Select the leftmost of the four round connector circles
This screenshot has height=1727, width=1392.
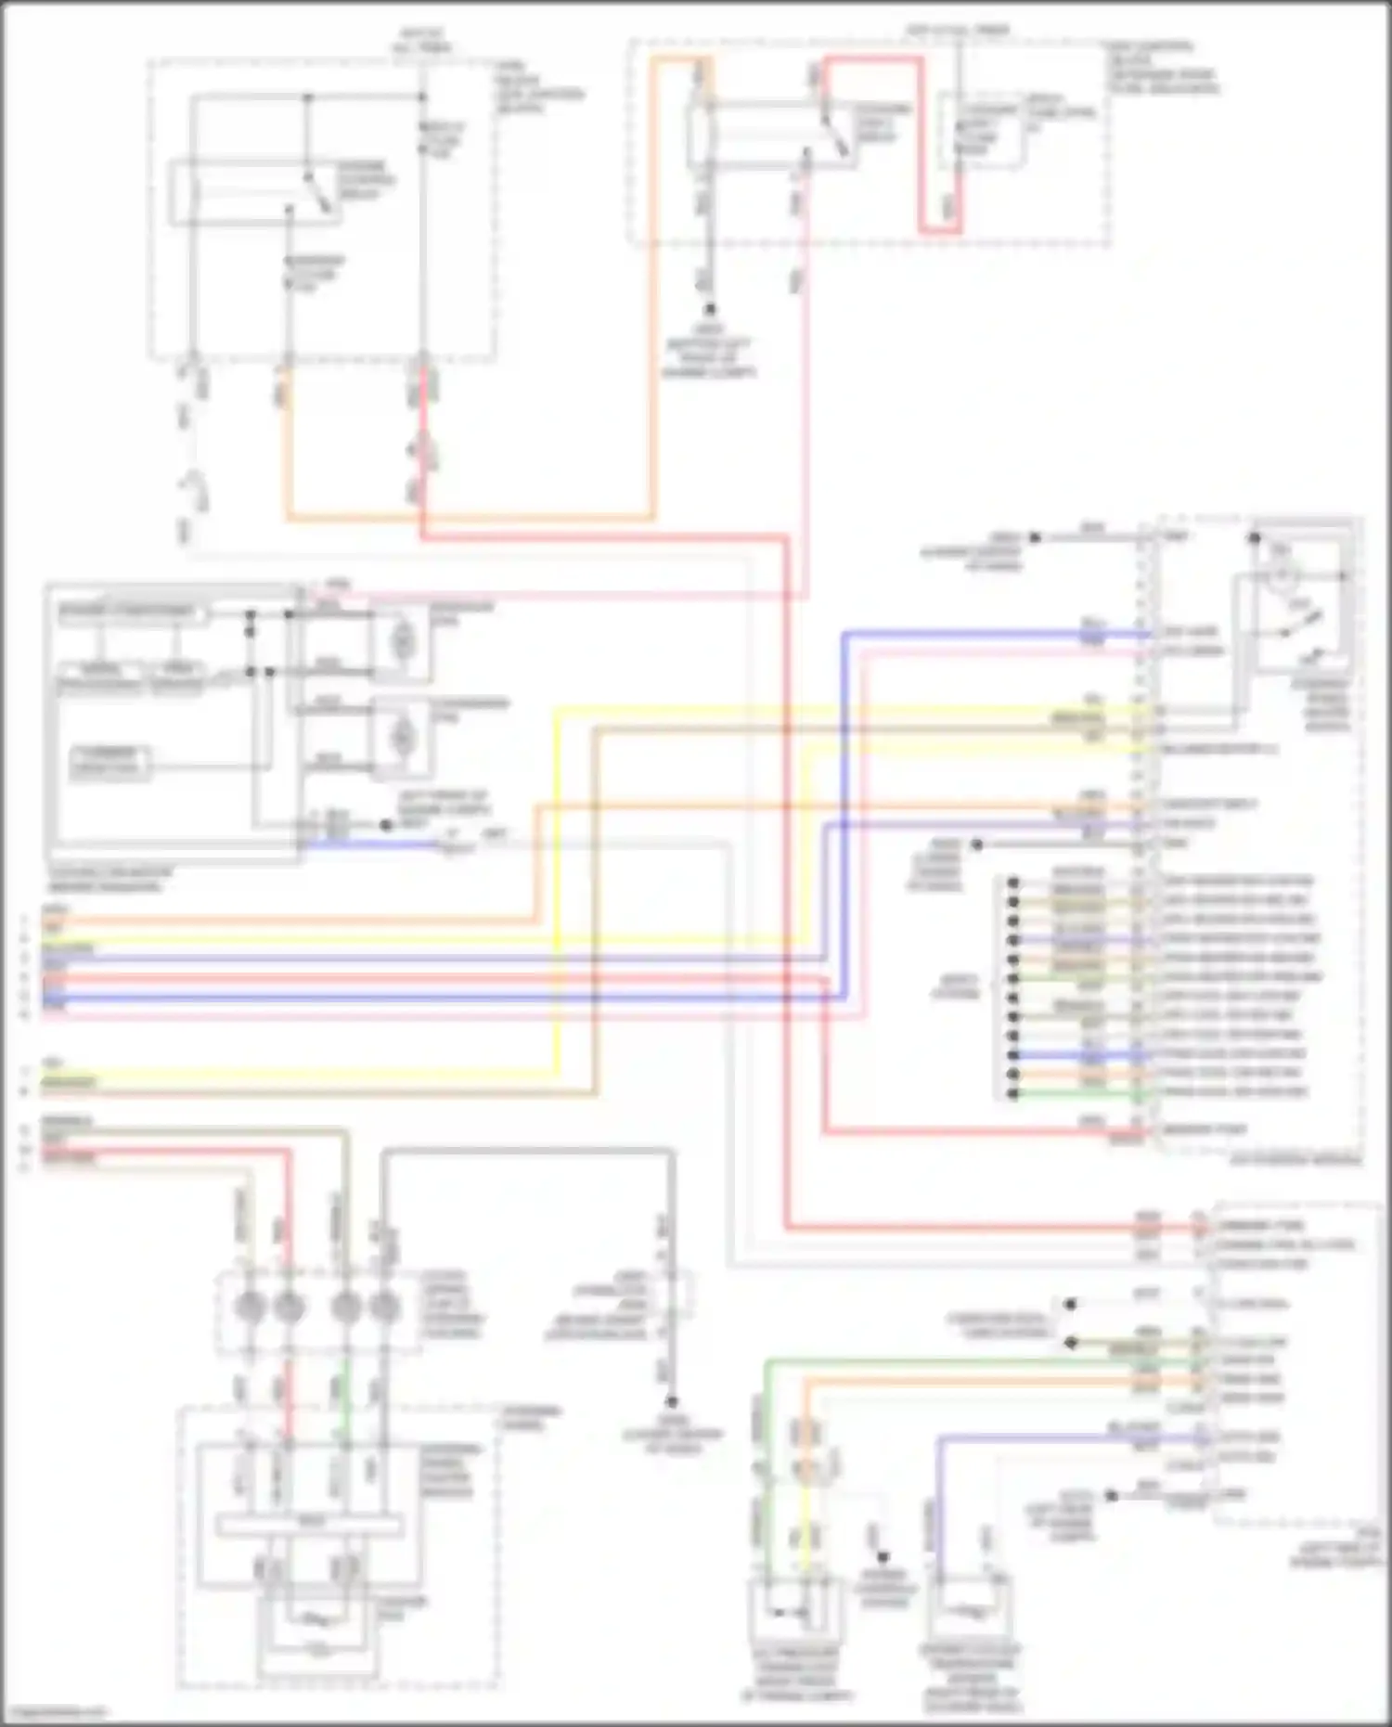tap(250, 1308)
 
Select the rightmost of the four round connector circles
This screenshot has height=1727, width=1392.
tap(383, 1308)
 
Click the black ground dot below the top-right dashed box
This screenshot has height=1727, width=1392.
tap(710, 309)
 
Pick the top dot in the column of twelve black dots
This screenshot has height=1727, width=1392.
tap(1013, 882)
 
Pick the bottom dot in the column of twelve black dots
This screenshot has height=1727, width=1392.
tap(1013, 1093)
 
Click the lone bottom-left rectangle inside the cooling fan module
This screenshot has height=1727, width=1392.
tap(110, 762)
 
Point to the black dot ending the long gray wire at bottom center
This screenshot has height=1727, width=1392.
tap(671, 1402)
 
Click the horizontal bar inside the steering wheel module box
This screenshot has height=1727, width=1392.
tap(309, 1524)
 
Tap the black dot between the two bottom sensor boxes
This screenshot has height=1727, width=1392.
tap(883, 1557)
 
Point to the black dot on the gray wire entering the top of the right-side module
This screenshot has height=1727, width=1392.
tap(1036, 537)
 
